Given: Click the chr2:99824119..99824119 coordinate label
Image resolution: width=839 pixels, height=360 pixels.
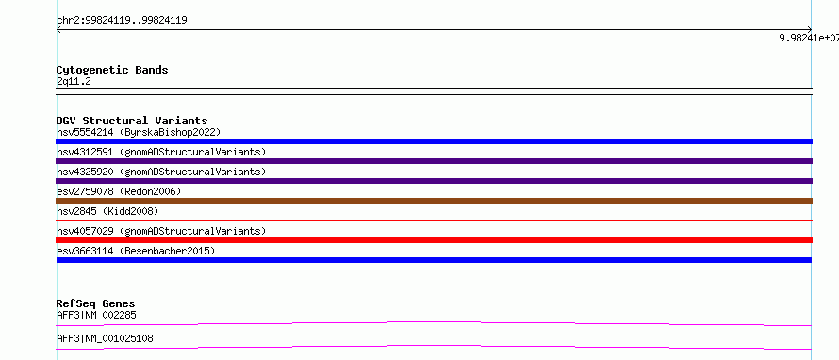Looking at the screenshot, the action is click(122, 21).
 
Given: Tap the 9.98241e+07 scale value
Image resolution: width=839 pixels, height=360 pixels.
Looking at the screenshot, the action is click(809, 38).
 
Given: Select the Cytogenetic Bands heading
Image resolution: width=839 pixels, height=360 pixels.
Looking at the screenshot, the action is click(112, 70).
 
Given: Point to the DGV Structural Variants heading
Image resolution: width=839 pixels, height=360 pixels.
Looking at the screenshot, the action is click(132, 121).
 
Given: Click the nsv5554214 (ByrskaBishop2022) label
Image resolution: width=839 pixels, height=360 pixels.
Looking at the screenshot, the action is click(139, 132).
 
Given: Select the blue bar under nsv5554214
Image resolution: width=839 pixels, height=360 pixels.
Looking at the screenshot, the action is click(434, 141).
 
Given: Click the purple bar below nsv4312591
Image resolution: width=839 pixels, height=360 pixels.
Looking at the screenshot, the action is click(434, 161).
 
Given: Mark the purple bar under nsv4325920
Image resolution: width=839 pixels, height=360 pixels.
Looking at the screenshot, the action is click(434, 181).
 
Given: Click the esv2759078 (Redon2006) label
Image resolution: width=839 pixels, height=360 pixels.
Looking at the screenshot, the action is click(119, 191).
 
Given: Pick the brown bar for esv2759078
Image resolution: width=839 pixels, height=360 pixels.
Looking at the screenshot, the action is click(434, 201).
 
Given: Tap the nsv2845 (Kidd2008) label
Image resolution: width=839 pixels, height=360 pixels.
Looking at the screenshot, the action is click(107, 211).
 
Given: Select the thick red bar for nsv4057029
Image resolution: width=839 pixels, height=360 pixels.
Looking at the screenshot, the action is click(434, 240).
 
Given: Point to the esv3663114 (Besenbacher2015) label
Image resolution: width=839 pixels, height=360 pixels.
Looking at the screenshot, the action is click(136, 251).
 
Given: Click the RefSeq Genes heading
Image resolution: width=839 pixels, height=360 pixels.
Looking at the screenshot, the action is click(96, 303).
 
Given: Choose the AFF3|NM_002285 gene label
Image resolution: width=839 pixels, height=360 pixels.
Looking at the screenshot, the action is click(96, 315).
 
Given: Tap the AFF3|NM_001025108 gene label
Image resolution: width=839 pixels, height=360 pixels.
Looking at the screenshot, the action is click(105, 338).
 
